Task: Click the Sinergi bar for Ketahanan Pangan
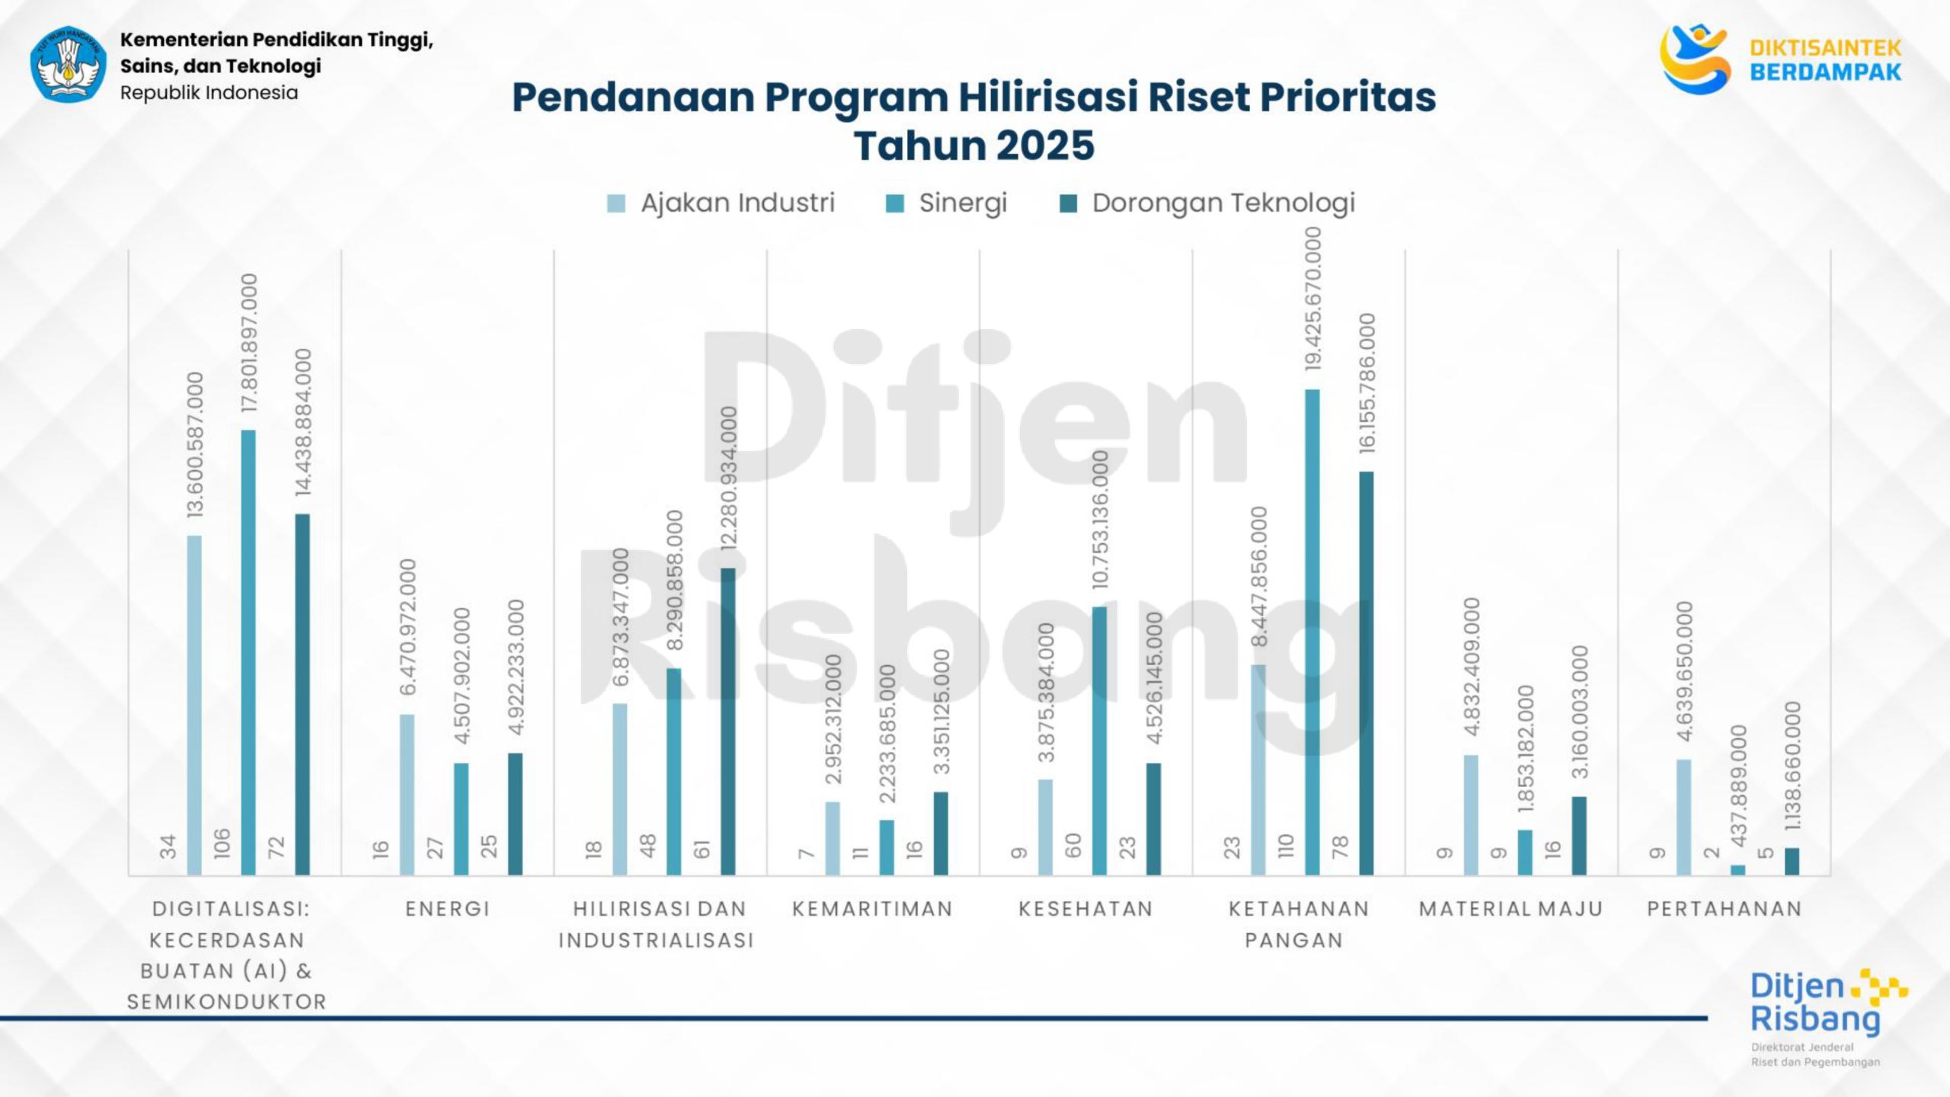(x=1312, y=632)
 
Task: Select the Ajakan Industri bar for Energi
(x=407, y=795)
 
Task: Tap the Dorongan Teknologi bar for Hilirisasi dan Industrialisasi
(x=728, y=721)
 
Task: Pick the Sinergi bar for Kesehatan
(x=1099, y=740)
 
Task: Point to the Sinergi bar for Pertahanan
(x=1737, y=870)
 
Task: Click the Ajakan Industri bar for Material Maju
(x=1471, y=814)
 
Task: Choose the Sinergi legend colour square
(x=895, y=203)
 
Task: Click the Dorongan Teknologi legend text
(x=1223, y=203)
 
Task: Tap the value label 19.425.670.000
(x=1312, y=299)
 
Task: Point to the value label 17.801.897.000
(x=249, y=344)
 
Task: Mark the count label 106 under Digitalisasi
(x=222, y=844)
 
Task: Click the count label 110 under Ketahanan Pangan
(x=1286, y=846)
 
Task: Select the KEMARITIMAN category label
(x=873, y=909)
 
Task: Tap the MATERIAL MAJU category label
(x=1511, y=909)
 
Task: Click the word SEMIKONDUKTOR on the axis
(x=227, y=1002)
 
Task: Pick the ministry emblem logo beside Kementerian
(x=69, y=65)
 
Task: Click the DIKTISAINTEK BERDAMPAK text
(x=1825, y=60)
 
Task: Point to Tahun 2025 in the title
(x=973, y=146)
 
